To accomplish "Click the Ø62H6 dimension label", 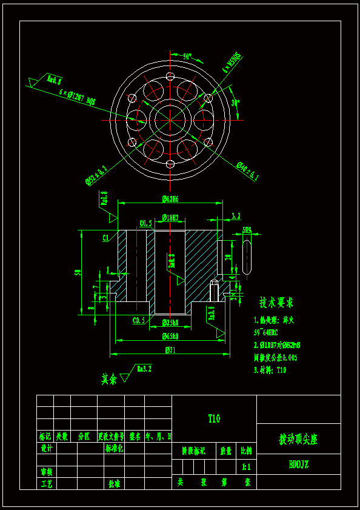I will click(170, 199).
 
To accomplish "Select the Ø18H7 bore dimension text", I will click(170, 218).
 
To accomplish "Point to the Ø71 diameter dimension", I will click(170, 349).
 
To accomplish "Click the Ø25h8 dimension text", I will click(170, 322).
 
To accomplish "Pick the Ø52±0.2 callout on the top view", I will click(96, 175).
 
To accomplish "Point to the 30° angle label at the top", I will click(187, 56).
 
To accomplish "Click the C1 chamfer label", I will click(105, 237).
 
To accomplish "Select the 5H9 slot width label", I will click(247, 230).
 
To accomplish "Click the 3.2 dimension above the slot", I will click(236, 216).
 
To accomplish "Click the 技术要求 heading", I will click(276, 302).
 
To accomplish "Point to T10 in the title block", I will click(214, 418).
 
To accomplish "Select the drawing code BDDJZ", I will click(298, 465).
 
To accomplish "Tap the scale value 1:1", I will click(246, 467).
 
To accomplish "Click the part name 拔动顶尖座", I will click(298, 439).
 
